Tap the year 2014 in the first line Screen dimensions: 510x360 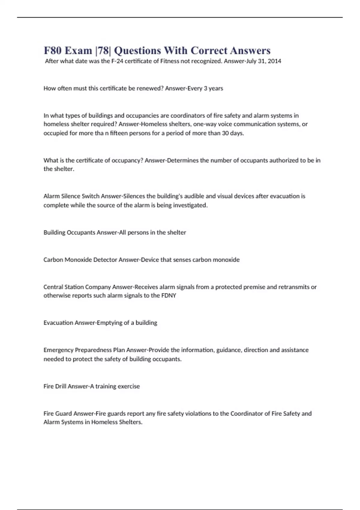[274, 61]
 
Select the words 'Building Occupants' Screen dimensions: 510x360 [69, 232]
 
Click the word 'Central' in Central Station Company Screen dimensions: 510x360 [53, 287]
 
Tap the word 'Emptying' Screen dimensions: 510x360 [109, 323]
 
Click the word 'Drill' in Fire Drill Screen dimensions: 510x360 [61, 386]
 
